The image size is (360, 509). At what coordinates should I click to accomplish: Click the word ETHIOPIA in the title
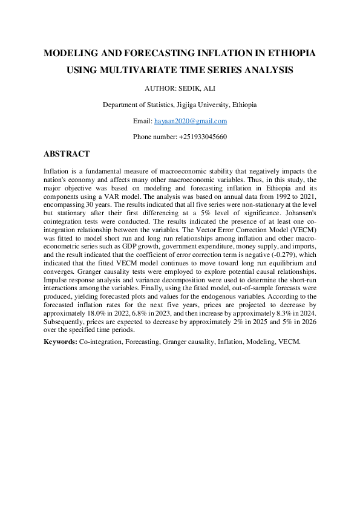coord(287,54)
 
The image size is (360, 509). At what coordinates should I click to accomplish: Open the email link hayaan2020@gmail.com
coord(191,121)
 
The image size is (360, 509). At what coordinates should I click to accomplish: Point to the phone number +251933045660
coord(203,137)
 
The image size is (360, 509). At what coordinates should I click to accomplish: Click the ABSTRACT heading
coord(67,154)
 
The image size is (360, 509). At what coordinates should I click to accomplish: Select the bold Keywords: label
coord(61,342)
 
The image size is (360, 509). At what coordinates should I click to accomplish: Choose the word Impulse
coord(55,280)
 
